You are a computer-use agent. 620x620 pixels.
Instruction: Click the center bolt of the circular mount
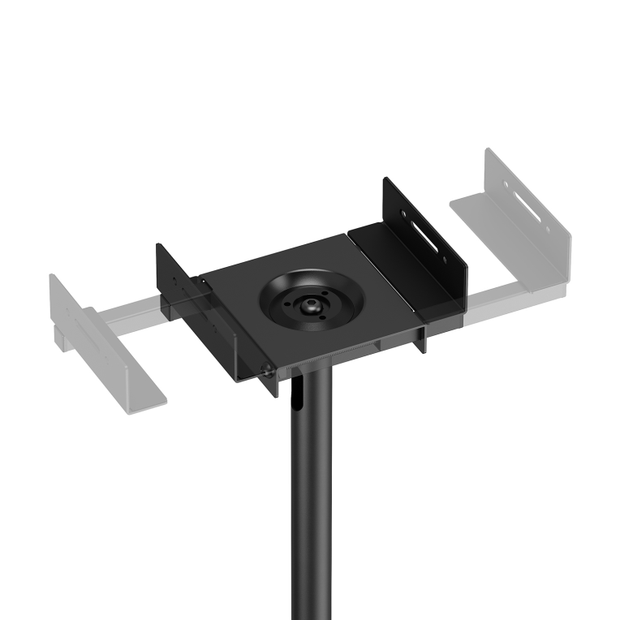tap(310, 305)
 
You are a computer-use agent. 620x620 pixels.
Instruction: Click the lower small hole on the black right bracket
tap(445, 262)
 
